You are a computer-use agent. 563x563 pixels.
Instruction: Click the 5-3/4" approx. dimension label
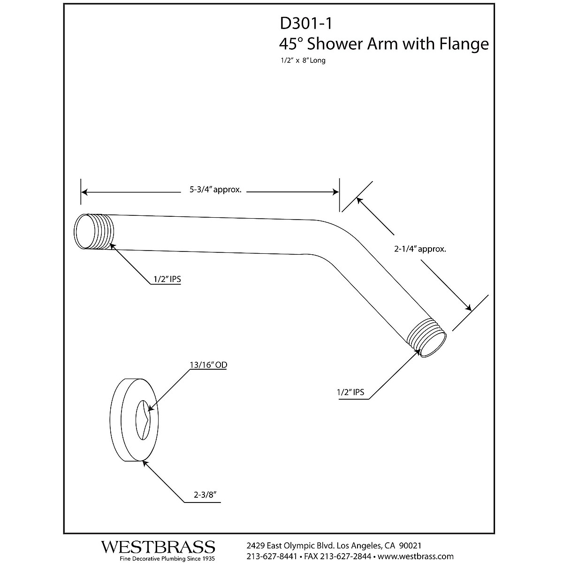215,190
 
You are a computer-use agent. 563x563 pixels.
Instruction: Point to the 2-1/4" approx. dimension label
419,249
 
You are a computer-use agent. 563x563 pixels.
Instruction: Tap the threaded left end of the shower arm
94,232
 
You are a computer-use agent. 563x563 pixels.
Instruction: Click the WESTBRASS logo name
158,547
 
